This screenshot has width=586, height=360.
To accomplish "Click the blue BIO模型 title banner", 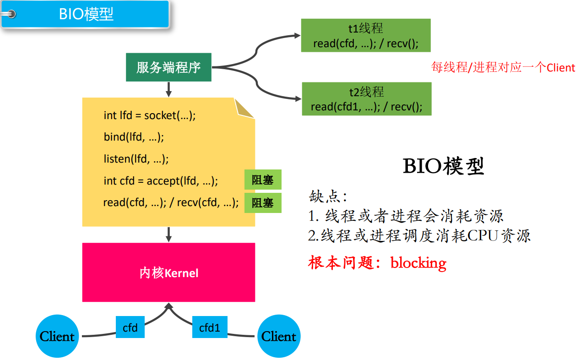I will tap(86, 14).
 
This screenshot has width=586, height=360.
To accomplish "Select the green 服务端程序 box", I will tap(168, 68).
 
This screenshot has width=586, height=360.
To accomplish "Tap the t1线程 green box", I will tap(365, 36).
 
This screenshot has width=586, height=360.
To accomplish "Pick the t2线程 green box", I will tap(366, 99).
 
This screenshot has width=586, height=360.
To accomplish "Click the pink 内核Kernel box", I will tap(168, 273).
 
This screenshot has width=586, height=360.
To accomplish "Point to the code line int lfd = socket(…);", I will tap(149, 115).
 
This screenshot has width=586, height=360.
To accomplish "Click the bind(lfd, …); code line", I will tap(134, 137).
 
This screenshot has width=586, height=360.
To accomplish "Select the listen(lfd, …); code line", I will tap(136, 159).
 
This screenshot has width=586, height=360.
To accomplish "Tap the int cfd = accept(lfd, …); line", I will tap(161, 181).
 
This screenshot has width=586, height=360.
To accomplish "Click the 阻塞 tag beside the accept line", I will tap(263, 180).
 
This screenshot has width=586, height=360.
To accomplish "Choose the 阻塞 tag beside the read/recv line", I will tap(263, 203).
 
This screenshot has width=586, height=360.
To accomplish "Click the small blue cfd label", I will tap(130, 328).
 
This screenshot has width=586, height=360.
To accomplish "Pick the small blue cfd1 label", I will tap(210, 328).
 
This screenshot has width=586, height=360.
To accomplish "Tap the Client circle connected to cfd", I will tap(57, 337).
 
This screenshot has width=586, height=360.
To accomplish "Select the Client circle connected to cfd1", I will tap(279, 337).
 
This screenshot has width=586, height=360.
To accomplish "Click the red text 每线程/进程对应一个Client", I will tap(503, 68).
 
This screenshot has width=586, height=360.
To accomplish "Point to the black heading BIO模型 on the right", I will tap(443, 167).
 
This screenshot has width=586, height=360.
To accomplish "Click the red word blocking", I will tap(418, 263).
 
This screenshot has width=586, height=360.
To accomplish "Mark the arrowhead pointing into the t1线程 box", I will tap(297, 35).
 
